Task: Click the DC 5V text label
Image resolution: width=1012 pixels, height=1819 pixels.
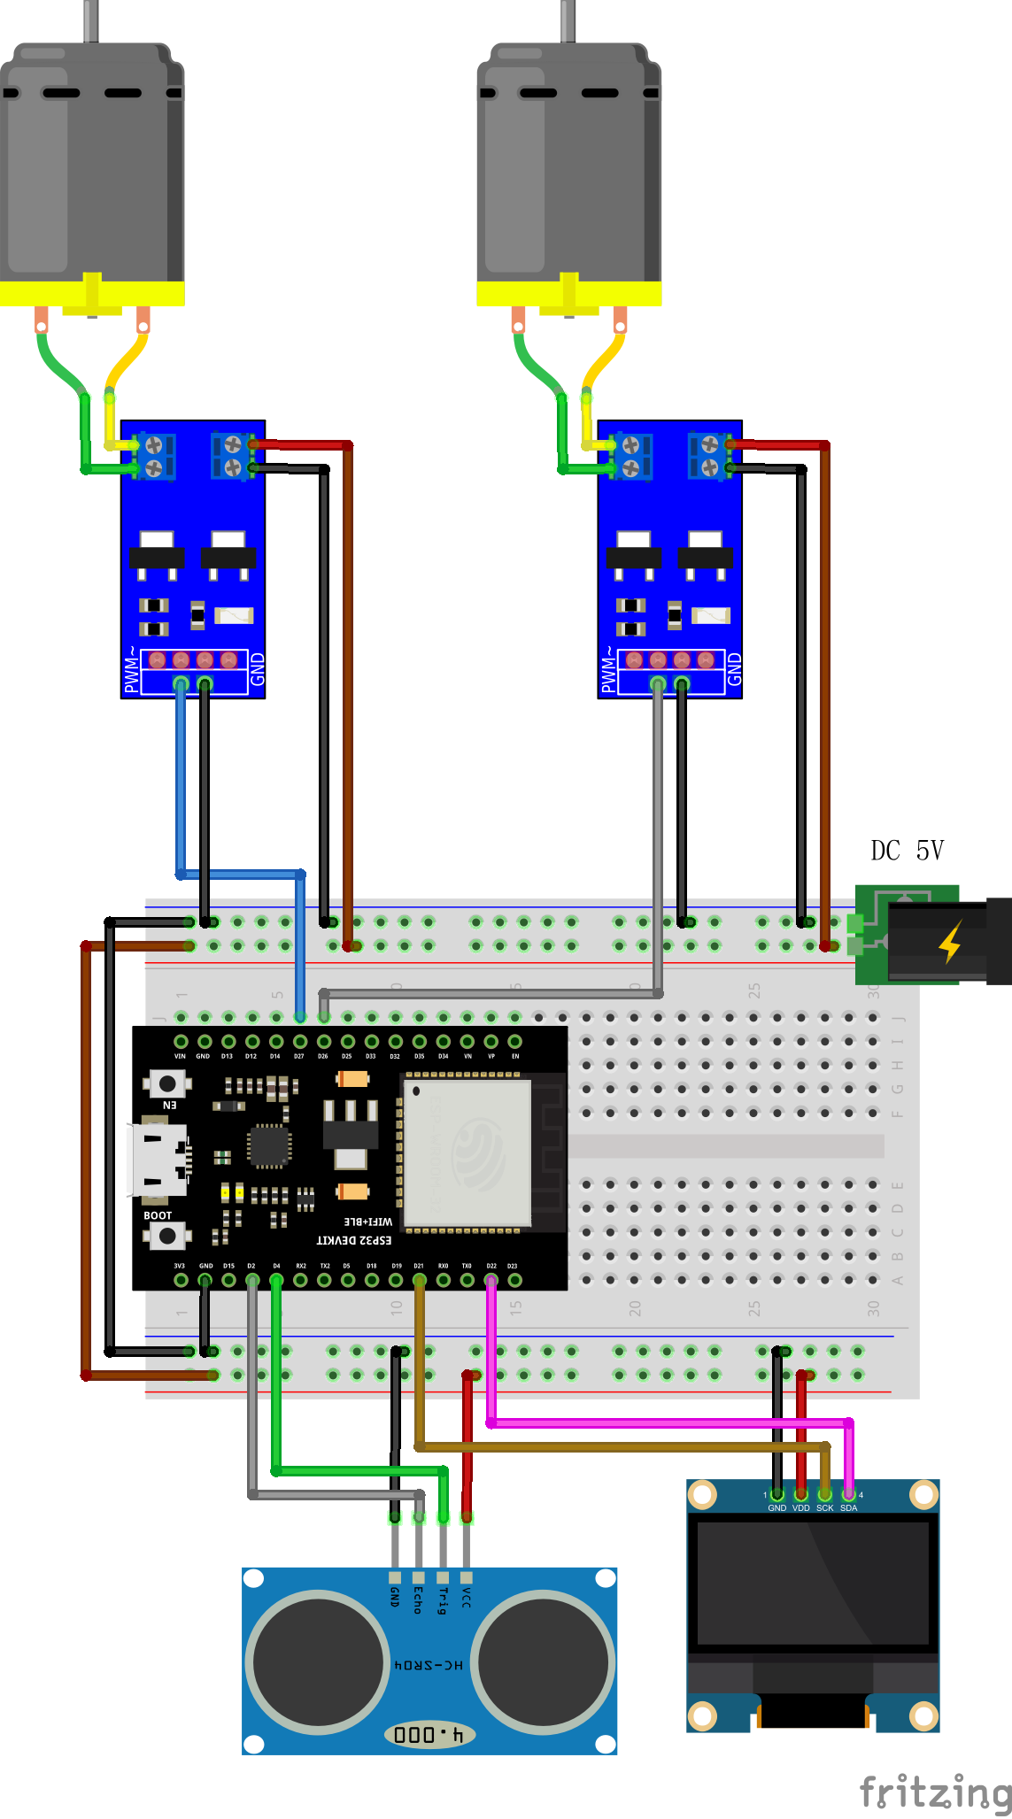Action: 907,851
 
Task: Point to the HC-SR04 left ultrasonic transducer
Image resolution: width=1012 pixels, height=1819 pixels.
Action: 317,1661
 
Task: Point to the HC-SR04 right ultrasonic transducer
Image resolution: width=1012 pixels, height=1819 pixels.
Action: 543,1661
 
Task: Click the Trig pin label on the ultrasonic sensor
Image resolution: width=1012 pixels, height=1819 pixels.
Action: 443,1600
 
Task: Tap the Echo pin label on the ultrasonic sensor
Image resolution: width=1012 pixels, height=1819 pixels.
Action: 418,1600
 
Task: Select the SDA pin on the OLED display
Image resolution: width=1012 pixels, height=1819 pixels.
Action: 848,1496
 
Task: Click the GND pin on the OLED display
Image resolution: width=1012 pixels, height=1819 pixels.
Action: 776,1496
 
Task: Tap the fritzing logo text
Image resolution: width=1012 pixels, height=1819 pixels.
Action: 934,1792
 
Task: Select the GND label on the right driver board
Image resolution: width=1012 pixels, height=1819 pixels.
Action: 734,670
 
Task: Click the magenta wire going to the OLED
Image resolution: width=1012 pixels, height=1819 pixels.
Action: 664,1422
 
